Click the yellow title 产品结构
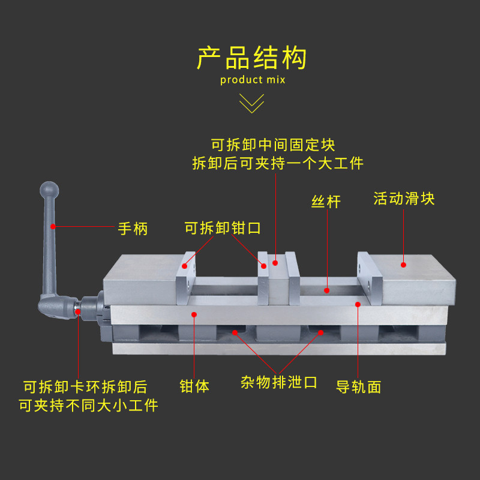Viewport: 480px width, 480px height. click(252, 58)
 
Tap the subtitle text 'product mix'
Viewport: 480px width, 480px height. click(253, 80)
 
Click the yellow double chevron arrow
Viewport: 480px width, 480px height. click(252, 103)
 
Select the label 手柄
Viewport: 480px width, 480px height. click(133, 229)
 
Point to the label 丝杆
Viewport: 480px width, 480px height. click(326, 202)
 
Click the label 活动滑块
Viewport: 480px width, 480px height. click(404, 199)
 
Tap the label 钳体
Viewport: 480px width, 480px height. click(195, 386)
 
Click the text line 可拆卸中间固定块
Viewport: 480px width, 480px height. click(273, 145)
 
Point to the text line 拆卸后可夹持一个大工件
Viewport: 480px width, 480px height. click(278, 163)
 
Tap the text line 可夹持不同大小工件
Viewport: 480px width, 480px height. click(88, 406)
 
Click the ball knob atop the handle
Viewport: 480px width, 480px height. click(49, 190)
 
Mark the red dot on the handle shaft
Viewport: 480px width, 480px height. click(53, 226)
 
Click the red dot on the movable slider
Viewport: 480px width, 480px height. click(404, 264)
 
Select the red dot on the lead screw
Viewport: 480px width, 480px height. click(327, 290)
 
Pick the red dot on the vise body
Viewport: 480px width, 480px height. click(194, 313)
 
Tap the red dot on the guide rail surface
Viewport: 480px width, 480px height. click(358, 304)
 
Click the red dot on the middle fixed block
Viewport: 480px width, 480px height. click(275, 262)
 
